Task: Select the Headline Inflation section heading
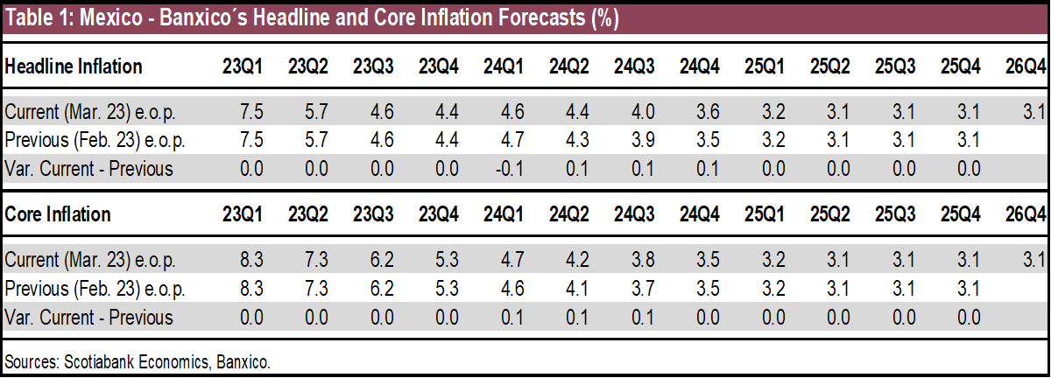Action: pyautogui.click(x=74, y=66)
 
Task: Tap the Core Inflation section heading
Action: pyautogui.click(x=58, y=214)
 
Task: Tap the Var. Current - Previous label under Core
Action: pyautogui.click(x=88, y=317)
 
